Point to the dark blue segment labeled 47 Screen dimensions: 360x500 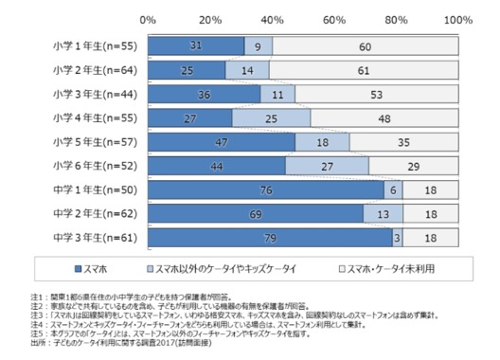[x=221, y=141]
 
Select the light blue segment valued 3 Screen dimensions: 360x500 [x=397, y=239]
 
